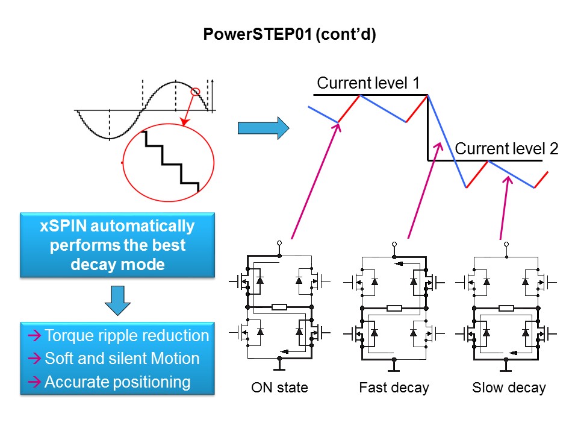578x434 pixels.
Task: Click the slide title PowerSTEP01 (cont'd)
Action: [x=289, y=36]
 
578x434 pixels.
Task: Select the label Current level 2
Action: [x=506, y=148]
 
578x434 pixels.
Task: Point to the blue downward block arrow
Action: [x=118, y=300]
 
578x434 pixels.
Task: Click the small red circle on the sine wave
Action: [x=195, y=92]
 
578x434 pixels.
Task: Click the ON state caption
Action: [x=279, y=388]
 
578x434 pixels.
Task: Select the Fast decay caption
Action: [x=394, y=388]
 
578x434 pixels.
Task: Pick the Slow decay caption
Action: [x=509, y=388]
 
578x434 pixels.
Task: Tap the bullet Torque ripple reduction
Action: [x=126, y=336]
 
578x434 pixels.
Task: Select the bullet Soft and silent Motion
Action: [x=122, y=359]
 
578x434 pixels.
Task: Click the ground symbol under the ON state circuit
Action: [x=279, y=365]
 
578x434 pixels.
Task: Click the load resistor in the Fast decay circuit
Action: [x=394, y=308]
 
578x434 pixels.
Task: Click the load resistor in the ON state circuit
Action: [x=279, y=308]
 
